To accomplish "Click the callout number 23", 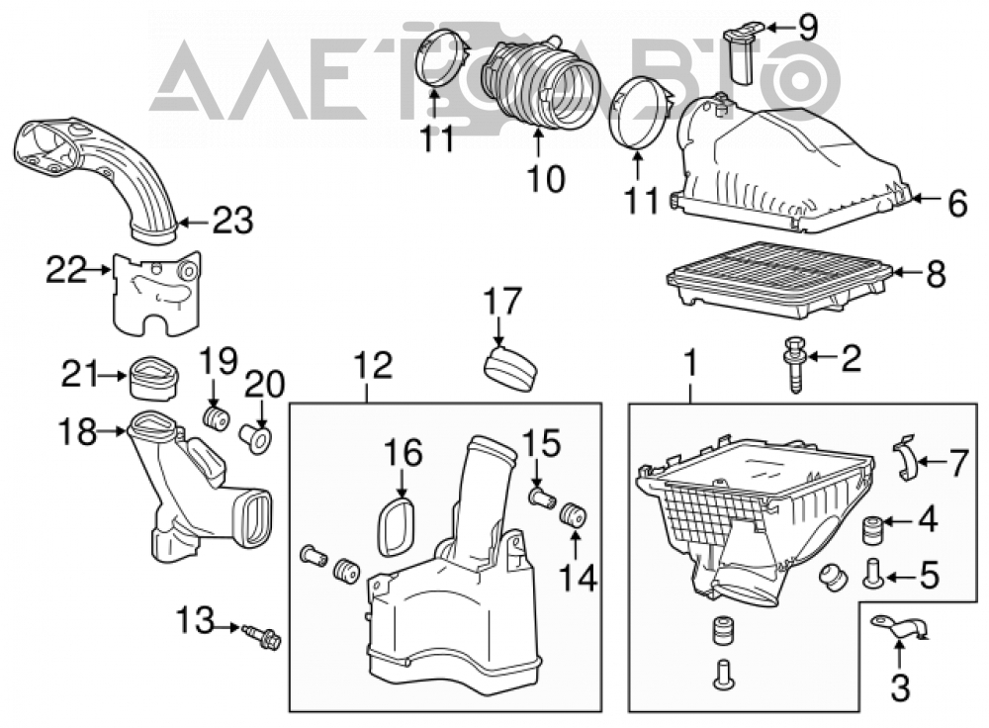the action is [x=232, y=221].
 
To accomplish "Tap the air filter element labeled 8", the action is [x=779, y=279].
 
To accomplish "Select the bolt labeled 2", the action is [x=794, y=365].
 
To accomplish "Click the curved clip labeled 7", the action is [x=905, y=458].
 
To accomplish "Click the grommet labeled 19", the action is [x=216, y=418].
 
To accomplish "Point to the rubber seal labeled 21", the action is [x=154, y=378].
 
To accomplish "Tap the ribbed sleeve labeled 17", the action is [x=511, y=370].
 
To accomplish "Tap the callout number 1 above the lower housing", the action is [x=690, y=364].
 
